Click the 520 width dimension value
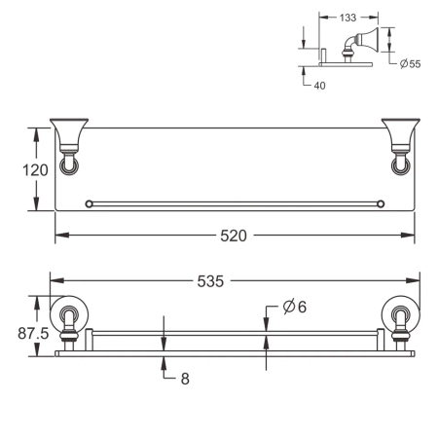pyautogui.click(x=233, y=236)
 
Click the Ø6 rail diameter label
pyautogui.click(x=295, y=308)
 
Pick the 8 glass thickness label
pyautogui.click(x=183, y=380)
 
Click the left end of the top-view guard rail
pyautogui.click(x=91, y=203)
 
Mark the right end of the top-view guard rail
pyautogui.click(x=381, y=203)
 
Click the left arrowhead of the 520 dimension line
pyautogui.click(x=57, y=236)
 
